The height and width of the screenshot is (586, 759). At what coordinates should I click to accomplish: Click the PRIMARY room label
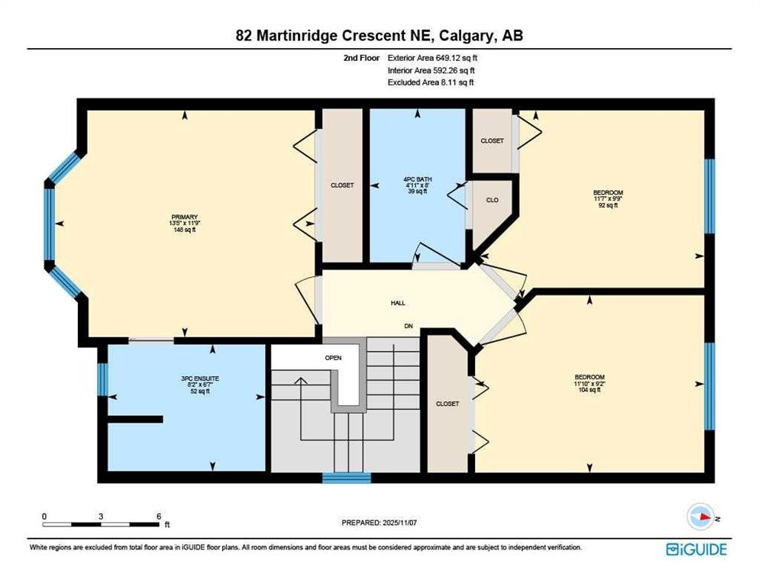184,217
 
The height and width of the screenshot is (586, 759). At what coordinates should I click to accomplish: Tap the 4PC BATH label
417,180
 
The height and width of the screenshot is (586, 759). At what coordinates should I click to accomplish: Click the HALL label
398,303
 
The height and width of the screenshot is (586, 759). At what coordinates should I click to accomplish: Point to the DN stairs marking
409,326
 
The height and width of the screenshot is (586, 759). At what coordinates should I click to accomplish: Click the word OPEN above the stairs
333,357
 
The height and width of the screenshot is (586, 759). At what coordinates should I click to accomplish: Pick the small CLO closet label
493,200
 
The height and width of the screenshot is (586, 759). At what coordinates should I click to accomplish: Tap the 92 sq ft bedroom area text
608,205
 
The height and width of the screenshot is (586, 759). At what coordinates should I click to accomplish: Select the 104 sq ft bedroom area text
589,390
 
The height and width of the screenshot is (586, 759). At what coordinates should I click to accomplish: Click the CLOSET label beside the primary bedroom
342,185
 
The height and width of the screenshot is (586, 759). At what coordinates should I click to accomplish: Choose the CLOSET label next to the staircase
447,404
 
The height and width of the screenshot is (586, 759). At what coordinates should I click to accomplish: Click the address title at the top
379,35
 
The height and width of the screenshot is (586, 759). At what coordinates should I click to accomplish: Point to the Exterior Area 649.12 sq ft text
433,57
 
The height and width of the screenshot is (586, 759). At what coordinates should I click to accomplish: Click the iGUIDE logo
696,549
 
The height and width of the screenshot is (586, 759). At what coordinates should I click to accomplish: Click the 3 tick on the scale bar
101,516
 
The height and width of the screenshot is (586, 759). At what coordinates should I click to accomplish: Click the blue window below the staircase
346,478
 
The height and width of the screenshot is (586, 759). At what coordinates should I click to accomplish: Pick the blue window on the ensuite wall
102,379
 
